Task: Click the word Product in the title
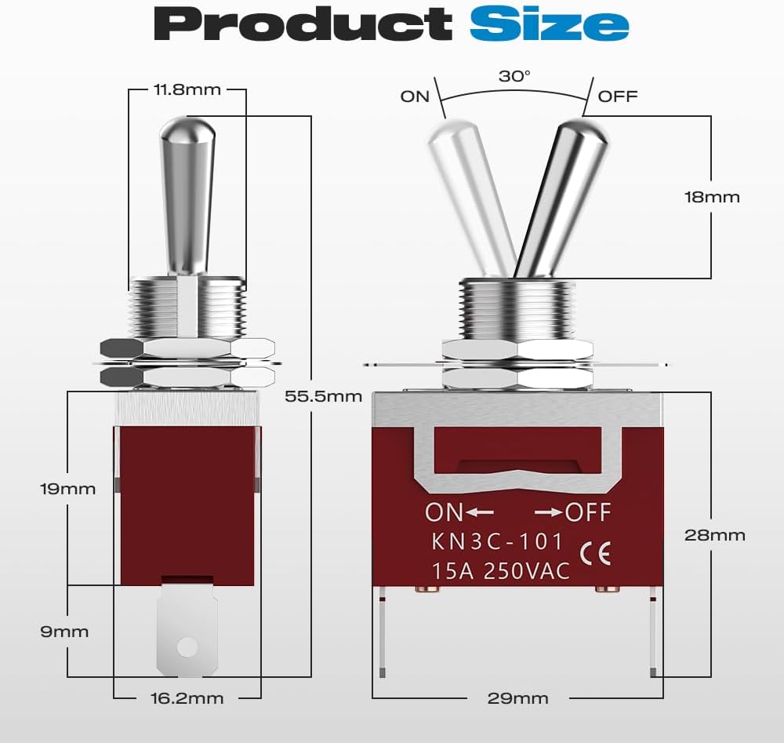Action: tap(303, 24)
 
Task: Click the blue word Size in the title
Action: tap(549, 24)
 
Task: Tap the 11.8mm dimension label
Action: tap(187, 89)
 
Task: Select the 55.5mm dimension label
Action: tap(323, 396)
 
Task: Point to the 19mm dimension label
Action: tap(67, 489)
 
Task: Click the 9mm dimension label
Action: tap(64, 632)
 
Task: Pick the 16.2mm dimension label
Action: tap(187, 698)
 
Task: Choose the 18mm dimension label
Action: tap(712, 197)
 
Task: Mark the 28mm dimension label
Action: tap(714, 535)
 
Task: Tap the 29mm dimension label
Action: tap(517, 698)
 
